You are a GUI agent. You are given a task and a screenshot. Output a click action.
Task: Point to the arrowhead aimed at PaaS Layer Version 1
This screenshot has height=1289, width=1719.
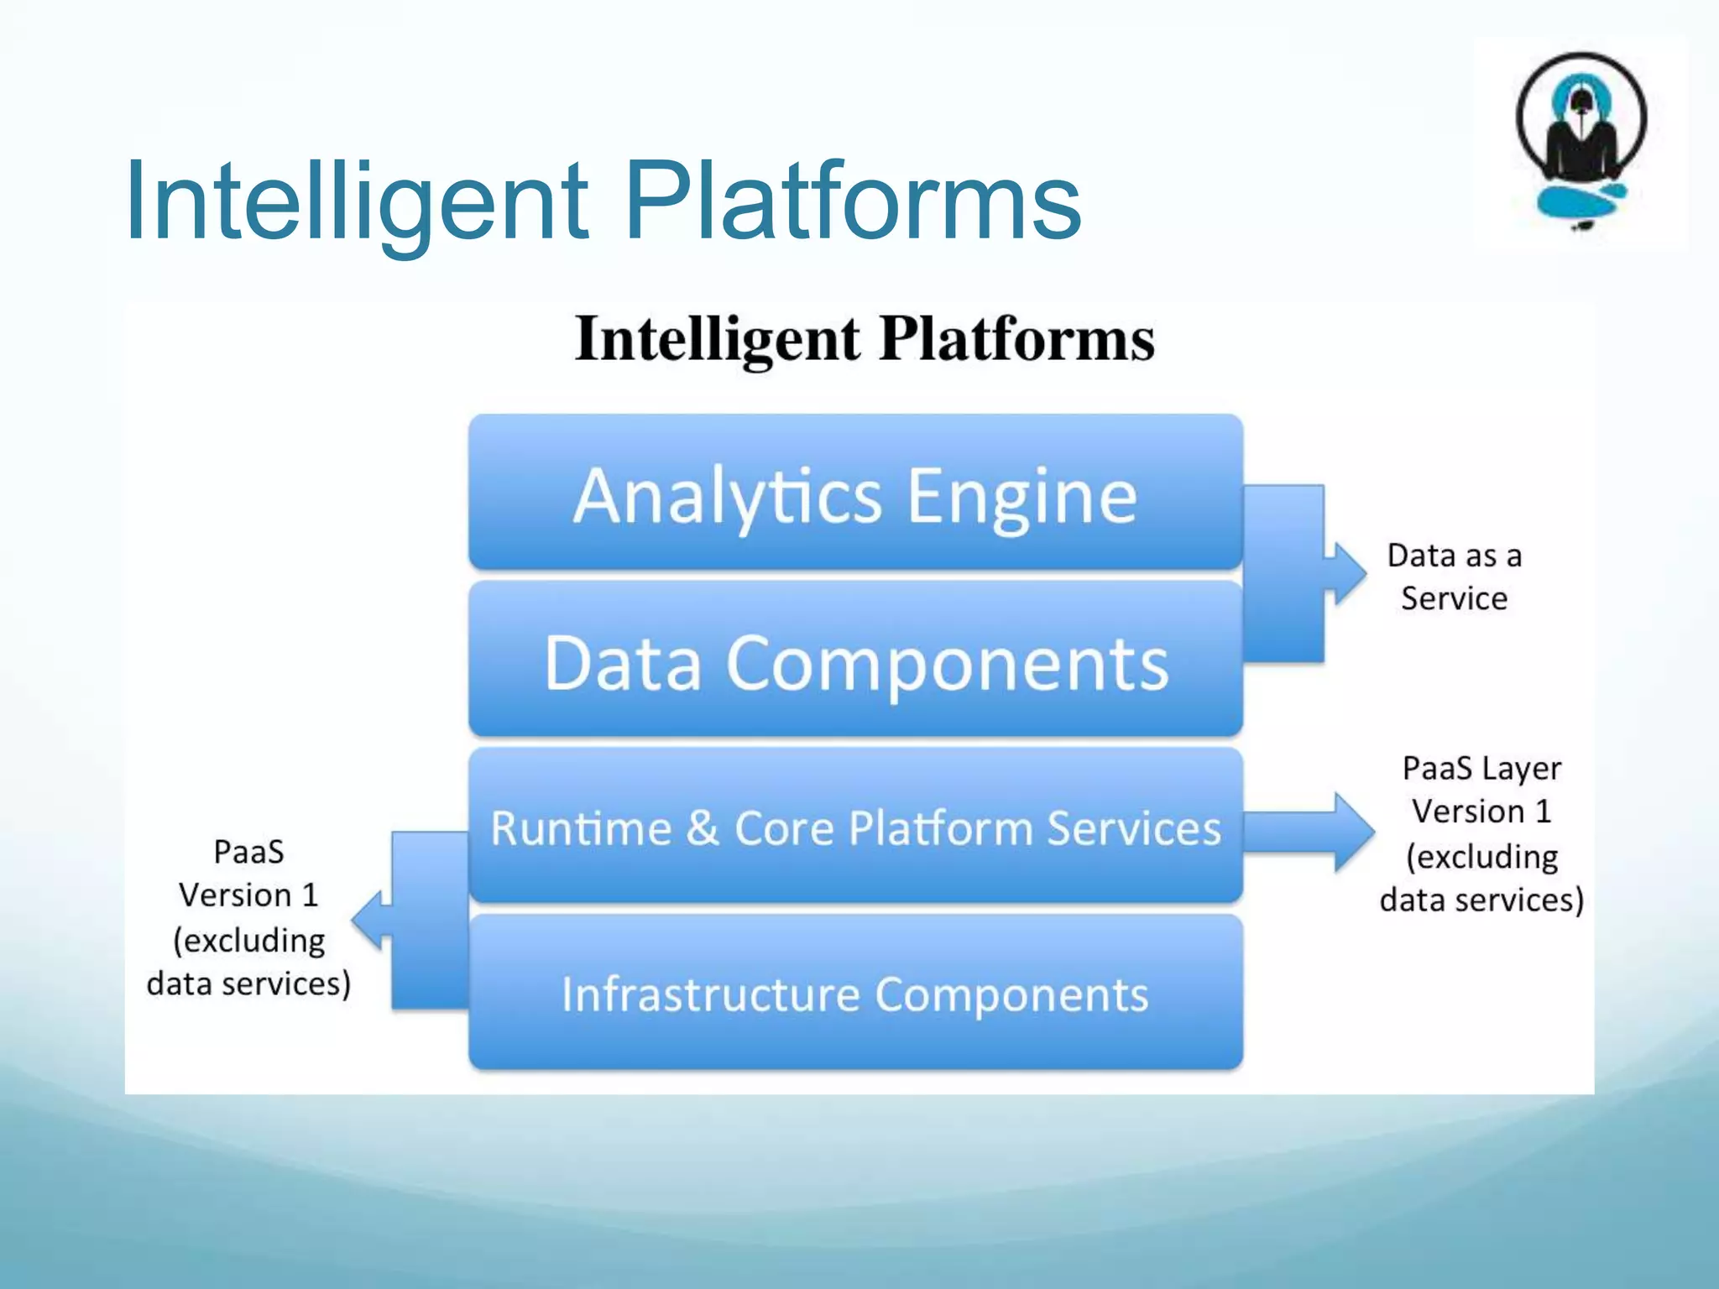click(1353, 832)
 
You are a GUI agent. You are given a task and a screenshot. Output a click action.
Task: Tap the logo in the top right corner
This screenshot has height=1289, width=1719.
click(1581, 143)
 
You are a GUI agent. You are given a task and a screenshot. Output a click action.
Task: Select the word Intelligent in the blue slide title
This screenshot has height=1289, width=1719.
click(357, 201)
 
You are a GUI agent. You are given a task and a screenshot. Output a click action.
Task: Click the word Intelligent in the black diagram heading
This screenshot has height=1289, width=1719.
click(718, 340)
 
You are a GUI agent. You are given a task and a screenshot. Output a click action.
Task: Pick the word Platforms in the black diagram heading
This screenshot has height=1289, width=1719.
click(1017, 340)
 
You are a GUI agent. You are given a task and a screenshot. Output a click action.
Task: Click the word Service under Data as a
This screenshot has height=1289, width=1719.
click(1454, 598)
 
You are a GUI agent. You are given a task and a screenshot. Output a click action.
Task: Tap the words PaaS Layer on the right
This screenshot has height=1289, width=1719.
click(1481, 768)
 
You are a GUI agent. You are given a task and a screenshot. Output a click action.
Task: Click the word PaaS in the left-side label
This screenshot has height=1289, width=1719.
click(248, 852)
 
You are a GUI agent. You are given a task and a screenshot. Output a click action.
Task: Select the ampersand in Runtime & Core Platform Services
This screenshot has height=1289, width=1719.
click(702, 827)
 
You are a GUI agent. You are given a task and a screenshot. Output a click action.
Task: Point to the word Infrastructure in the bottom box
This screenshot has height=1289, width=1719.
click(710, 994)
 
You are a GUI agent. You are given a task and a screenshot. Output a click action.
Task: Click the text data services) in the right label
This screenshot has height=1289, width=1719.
click(1481, 900)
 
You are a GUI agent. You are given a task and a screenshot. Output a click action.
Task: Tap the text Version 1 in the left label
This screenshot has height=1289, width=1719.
click(248, 895)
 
